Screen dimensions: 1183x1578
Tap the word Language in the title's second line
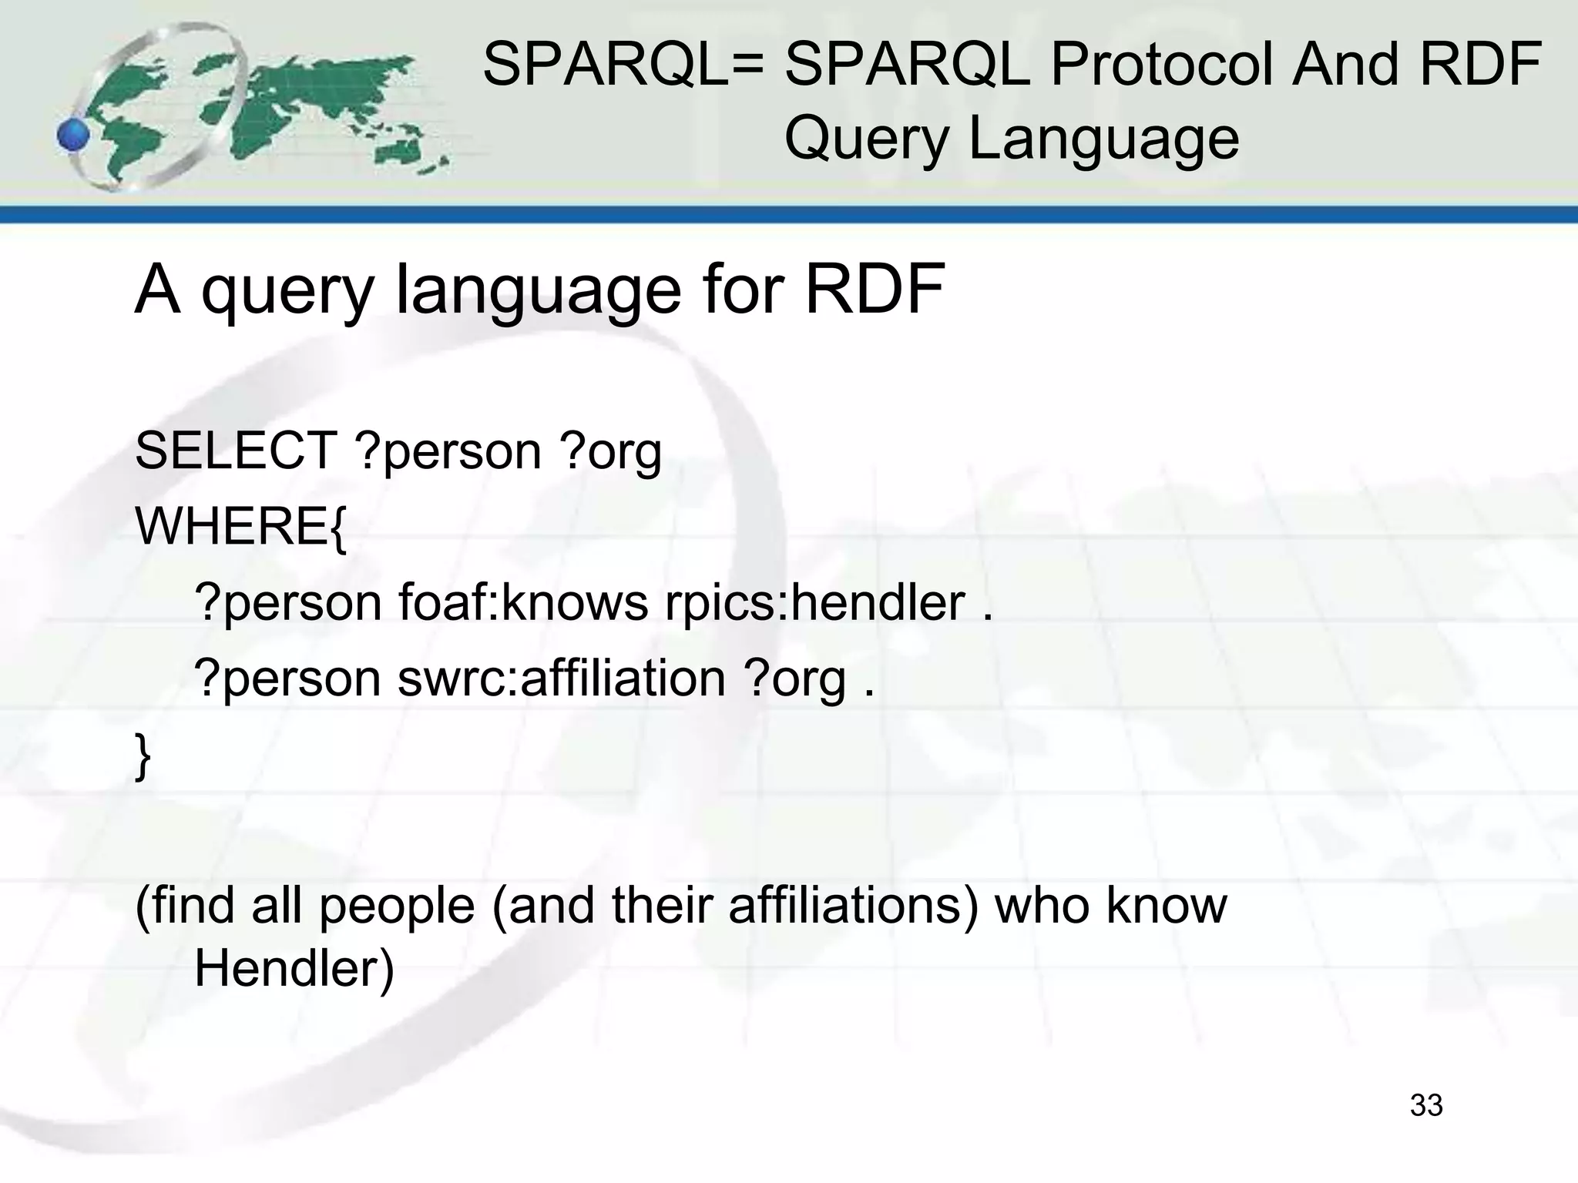(x=1103, y=139)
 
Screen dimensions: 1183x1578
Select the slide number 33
(x=1425, y=1105)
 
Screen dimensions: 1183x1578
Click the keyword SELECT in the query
(x=236, y=451)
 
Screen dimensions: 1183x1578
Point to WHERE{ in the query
(x=241, y=527)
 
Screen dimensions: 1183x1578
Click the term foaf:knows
(x=523, y=602)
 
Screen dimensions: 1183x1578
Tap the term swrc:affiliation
(x=562, y=679)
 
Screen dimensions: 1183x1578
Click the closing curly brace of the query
(x=143, y=756)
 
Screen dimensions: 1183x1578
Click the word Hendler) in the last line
(x=294, y=968)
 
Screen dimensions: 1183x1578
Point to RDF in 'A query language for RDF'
(x=875, y=290)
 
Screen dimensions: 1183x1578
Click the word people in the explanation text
(x=397, y=907)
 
